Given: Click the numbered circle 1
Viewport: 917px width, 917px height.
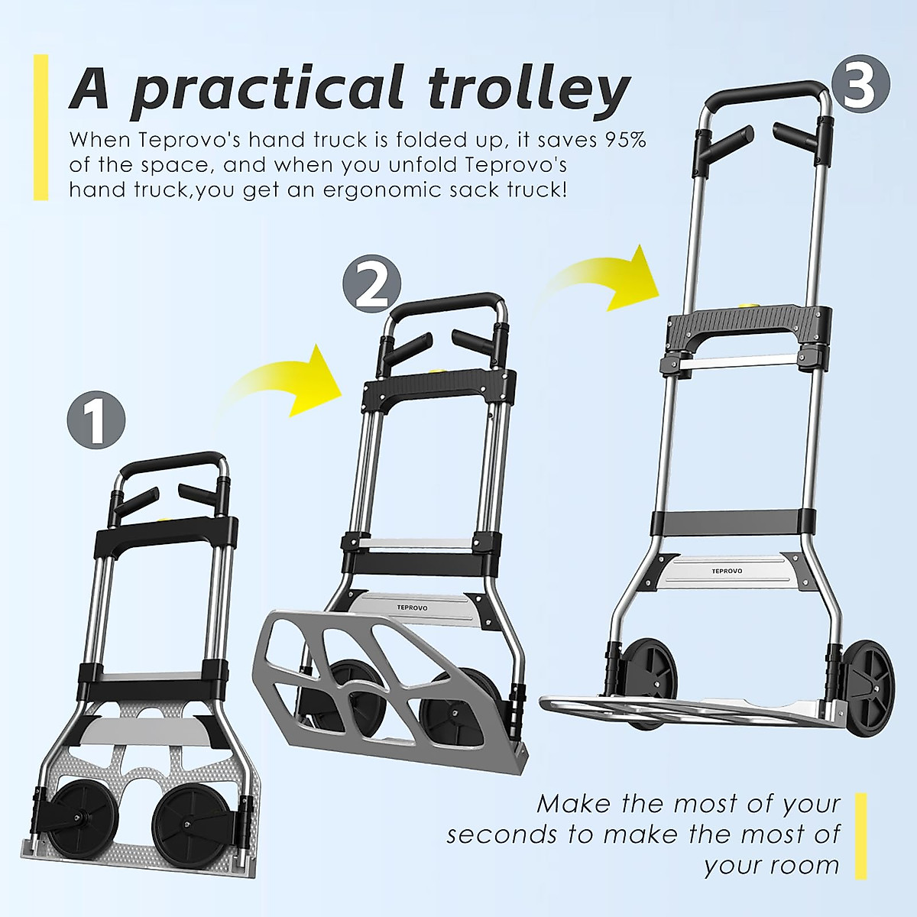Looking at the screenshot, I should click(x=96, y=419).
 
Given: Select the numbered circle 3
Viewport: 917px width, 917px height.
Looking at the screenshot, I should click(x=860, y=86).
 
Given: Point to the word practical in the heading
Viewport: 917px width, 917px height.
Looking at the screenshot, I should click(x=267, y=89).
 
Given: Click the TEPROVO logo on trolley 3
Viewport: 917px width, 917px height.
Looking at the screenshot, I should click(x=726, y=571).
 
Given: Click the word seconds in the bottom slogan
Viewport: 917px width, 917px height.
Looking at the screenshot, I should click(x=501, y=834).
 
